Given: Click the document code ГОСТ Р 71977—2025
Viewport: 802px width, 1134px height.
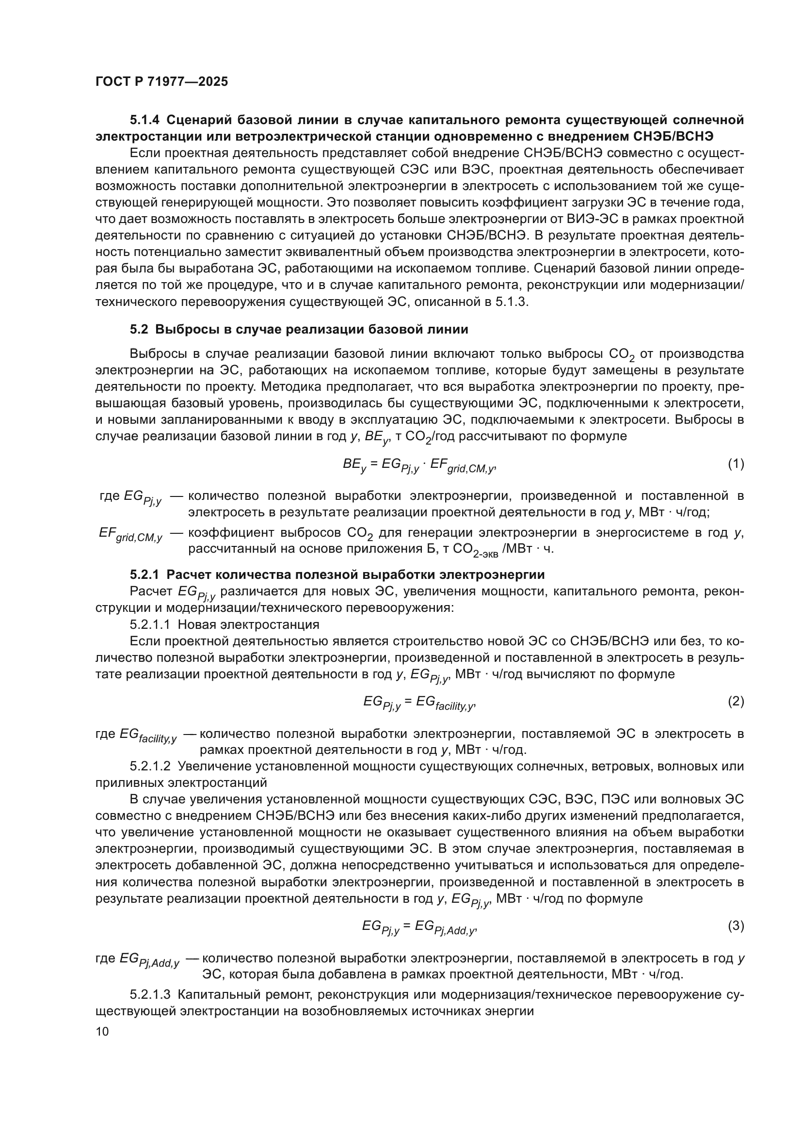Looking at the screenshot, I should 161,82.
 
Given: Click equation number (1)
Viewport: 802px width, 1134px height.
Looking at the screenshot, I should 736,464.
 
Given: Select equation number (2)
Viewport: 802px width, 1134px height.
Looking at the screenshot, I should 736,701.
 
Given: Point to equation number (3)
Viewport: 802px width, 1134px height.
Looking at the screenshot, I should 736,926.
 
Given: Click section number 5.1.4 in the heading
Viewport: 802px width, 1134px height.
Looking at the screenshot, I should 145,120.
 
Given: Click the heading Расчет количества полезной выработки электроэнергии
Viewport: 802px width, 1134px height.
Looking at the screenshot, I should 355,575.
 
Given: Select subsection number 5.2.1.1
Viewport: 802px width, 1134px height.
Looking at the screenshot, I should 150,624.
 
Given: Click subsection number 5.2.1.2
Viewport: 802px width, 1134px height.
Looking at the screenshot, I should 150,766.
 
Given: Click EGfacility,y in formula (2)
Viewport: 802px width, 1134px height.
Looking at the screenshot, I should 445,702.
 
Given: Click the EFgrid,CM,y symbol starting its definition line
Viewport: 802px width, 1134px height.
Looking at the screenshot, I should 130,534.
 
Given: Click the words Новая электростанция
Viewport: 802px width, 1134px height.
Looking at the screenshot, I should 248,624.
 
